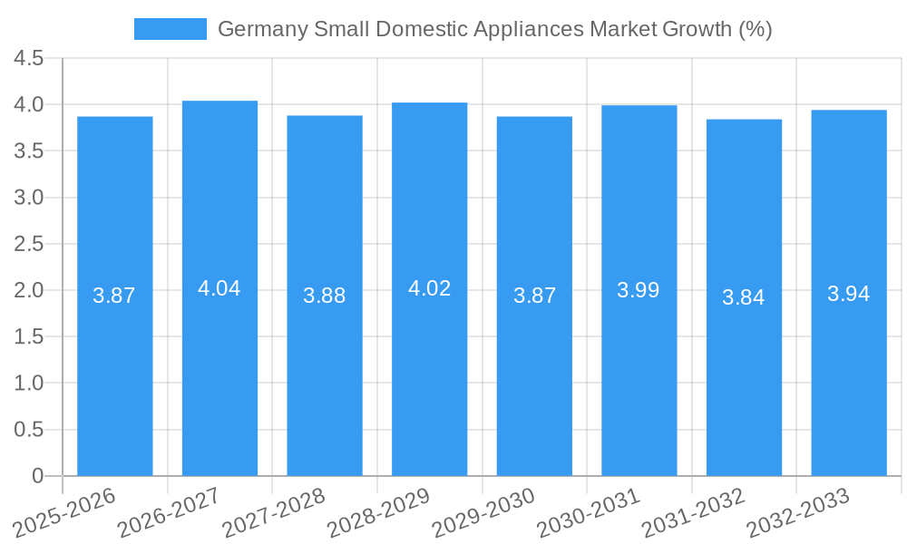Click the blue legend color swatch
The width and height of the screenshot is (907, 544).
pyautogui.click(x=170, y=29)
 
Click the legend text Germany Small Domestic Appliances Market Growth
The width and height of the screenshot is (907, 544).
pyautogui.click(x=494, y=29)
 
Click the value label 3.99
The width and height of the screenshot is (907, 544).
pyautogui.click(x=639, y=290)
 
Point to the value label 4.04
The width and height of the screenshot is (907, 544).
pyautogui.click(x=219, y=288)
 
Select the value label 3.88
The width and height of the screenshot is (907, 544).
pyautogui.click(x=325, y=296)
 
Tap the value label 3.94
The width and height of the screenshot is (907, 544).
pyautogui.click(x=849, y=294)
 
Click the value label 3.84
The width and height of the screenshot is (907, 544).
pyautogui.click(x=744, y=297)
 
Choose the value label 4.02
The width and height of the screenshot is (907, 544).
pyautogui.click(x=429, y=288)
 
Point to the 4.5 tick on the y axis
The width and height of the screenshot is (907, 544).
pyautogui.click(x=29, y=58)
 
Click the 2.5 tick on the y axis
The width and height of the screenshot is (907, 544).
pyautogui.click(x=29, y=244)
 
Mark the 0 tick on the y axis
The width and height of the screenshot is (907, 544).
pyautogui.click(x=37, y=476)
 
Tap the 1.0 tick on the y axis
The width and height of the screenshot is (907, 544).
pyautogui.click(x=29, y=384)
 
